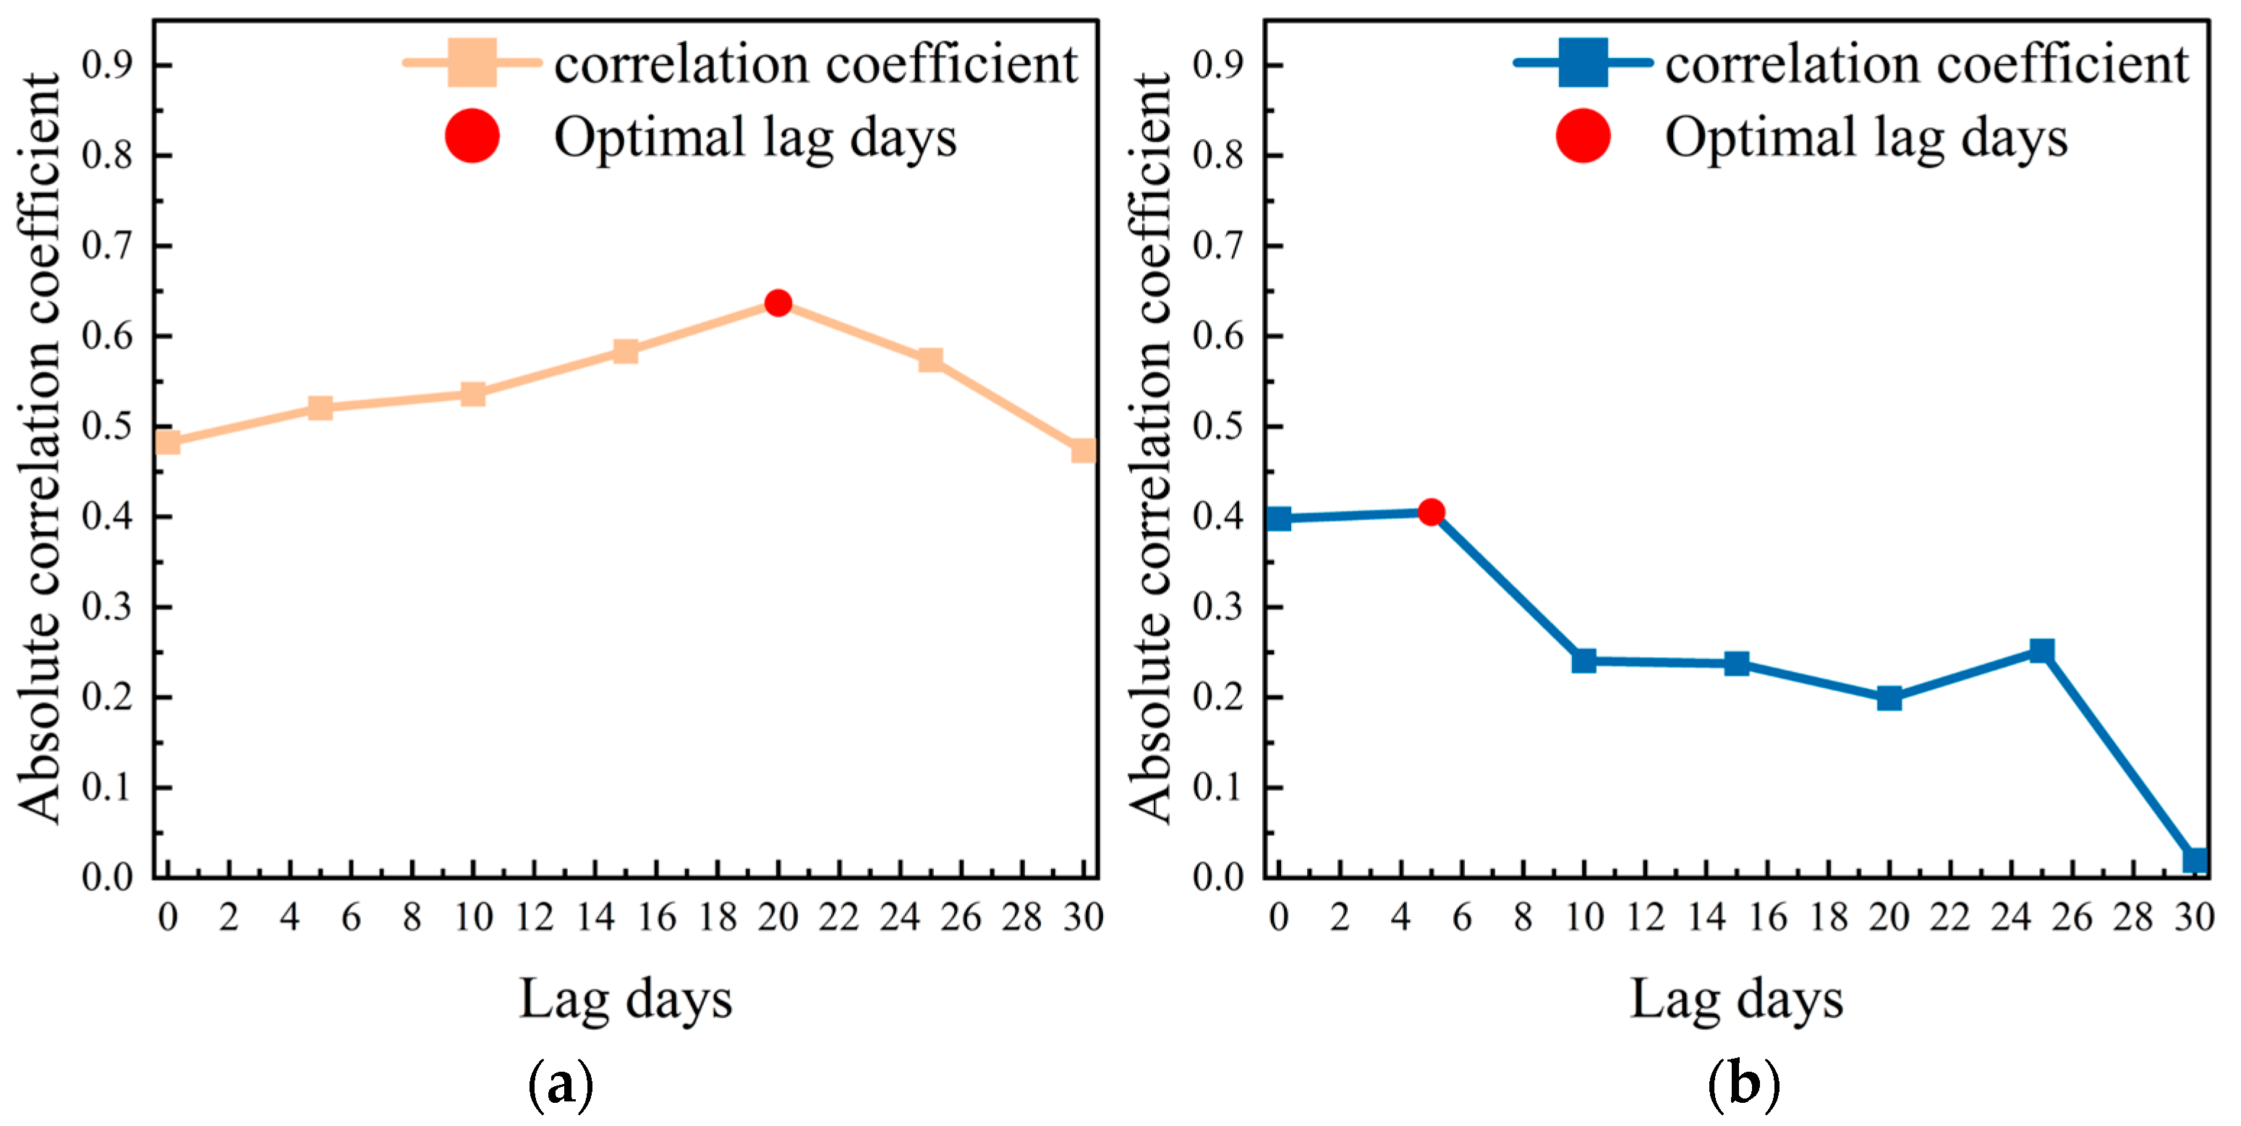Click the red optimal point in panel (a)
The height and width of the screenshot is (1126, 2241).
(778, 302)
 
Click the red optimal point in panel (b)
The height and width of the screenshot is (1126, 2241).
(1431, 512)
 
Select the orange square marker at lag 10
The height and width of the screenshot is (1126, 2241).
(472, 394)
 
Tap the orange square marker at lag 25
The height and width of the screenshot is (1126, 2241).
(931, 360)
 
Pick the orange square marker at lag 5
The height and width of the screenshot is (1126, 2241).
(320, 407)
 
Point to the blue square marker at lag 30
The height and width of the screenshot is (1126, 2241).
(2194, 860)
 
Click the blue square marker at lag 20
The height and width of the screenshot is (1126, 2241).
(1889, 698)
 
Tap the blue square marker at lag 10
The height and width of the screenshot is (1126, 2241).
(1584, 661)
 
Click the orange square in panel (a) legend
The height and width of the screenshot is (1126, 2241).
(472, 63)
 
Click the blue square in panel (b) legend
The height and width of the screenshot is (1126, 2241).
(1583, 63)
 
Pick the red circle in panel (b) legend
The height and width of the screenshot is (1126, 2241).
(1583, 137)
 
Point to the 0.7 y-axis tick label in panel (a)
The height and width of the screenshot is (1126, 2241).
(107, 246)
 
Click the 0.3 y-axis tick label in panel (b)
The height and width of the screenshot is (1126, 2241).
(1218, 606)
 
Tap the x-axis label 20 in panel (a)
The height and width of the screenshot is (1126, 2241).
(778, 917)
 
